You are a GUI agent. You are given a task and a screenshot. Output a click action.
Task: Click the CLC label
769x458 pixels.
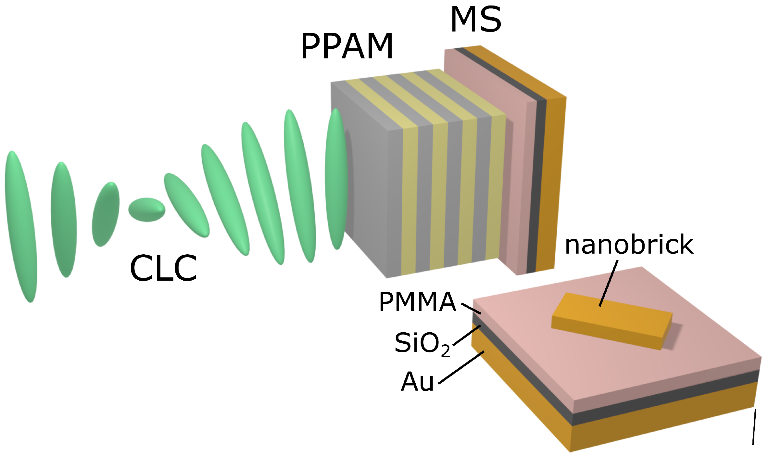[x=163, y=268]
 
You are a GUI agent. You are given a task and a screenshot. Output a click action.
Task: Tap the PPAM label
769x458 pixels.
[x=347, y=46]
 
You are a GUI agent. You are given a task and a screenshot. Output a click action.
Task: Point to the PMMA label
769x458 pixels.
[x=417, y=302]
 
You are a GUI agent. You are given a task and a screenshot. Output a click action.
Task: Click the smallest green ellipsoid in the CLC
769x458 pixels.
[x=147, y=210]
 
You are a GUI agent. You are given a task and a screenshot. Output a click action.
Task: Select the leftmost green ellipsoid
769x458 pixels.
[x=21, y=226]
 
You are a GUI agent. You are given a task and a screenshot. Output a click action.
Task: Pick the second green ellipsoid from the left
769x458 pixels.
[x=64, y=220]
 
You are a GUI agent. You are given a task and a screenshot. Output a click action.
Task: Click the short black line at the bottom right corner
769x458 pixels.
[x=754, y=426]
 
